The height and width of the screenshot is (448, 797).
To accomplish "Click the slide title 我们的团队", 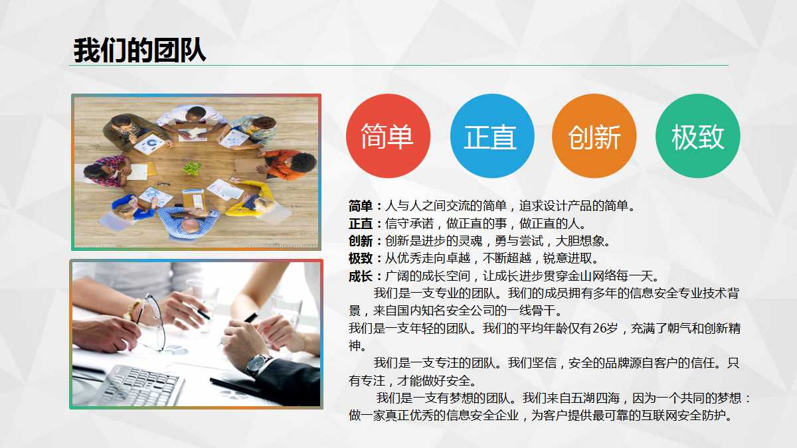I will (x=139, y=50).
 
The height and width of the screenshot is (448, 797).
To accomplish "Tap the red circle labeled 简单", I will (x=388, y=136).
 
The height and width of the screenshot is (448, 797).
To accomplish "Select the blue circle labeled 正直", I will (x=491, y=136).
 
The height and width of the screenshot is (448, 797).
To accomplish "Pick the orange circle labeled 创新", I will (x=594, y=136).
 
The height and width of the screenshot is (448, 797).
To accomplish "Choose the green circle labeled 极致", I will (x=697, y=136).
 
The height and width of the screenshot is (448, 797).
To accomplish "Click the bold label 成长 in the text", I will (x=361, y=275).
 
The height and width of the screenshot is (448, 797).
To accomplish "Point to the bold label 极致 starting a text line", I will (x=361, y=258).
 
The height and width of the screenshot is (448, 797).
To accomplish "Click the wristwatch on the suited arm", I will (x=258, y=363).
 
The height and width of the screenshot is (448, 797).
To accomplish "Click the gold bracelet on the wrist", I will (x=132, y=310).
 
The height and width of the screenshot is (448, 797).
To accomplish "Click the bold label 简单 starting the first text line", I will (x=361, y=206).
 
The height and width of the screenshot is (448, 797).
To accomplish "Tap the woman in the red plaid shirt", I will (x=106, y=171).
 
